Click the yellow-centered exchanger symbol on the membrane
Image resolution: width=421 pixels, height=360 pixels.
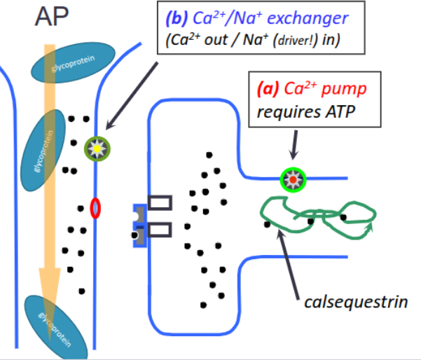click(95, 148)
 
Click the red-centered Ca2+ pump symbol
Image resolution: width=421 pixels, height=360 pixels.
click(291, 179)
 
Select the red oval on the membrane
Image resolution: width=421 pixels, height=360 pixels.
click(95, 208)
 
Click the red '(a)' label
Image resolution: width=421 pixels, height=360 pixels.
click(268, 90)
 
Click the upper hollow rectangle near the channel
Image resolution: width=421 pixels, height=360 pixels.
click(160, 202)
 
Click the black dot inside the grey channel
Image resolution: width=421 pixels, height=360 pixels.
click(135, 235)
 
